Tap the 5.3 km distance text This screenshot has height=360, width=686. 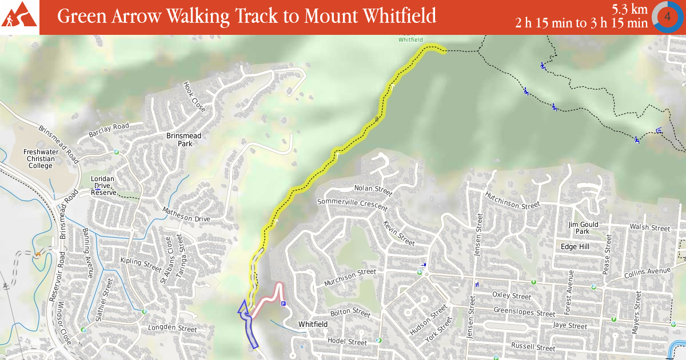tap(629, 9)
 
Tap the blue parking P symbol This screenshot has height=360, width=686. tap(284, 304)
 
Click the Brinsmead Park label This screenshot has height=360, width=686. tap(184, 140)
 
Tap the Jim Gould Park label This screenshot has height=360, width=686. tap(583, 228)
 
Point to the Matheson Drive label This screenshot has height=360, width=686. tap(186, 215)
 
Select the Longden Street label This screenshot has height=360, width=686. tap(173, 329)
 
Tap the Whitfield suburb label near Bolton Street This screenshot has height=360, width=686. tap(313, 325)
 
